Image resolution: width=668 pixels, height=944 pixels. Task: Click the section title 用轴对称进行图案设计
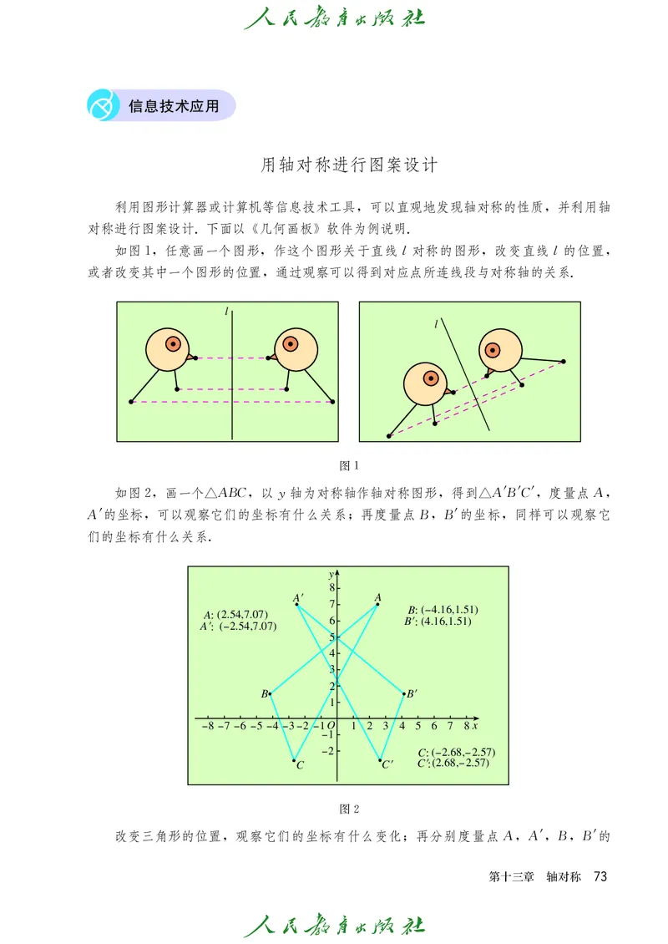tap(349, 165)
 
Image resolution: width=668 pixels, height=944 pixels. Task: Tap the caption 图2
tap(348, 809)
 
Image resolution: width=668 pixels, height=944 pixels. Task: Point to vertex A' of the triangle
tap(298, 604)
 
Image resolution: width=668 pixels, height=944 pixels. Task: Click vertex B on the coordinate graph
tap(271, 693)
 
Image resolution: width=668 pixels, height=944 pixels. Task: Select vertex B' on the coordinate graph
tap(404, 693)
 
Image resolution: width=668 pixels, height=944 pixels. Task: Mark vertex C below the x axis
tap(295, 760)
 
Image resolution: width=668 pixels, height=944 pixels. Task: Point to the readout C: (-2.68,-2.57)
tap(457, 753)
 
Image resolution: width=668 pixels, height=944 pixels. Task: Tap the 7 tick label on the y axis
tap(331, 604)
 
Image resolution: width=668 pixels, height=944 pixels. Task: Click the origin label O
tap(331, 727)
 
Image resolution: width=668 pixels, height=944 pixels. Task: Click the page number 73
tap(599, 876)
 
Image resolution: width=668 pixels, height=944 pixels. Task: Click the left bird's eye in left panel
tap(173, 343)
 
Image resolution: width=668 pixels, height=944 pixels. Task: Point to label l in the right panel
tap(436, 323)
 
